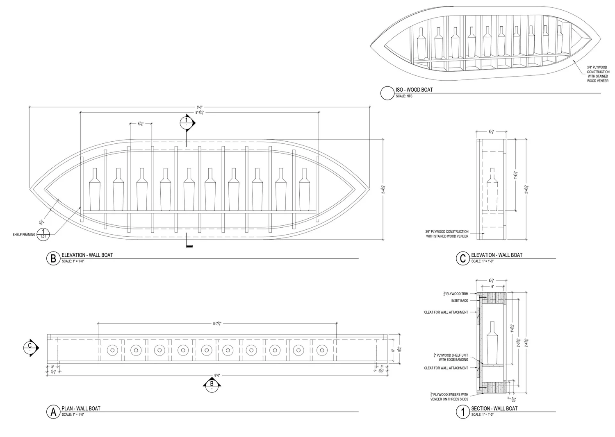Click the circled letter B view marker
point(53,258)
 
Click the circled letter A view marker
point(53,412)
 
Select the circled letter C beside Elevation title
point(463,258)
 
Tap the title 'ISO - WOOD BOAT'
point(414,90)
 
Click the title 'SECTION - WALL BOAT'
point(494,408)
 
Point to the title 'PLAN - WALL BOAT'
point(81,408)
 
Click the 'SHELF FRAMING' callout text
point(24,235)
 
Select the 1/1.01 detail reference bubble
point(43,234)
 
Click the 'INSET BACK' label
point(460,301)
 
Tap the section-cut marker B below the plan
point(212,384)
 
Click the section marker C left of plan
point(30,347)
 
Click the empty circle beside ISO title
point(387,93)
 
